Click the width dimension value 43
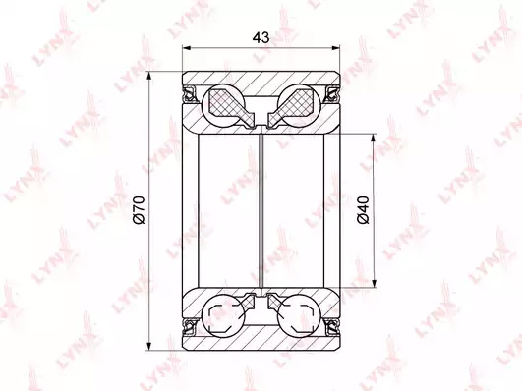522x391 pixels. coord(261,37)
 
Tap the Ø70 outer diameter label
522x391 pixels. coord(139,210)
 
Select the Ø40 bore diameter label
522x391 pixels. coord(364,210)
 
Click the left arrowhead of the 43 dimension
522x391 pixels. coord(188,48)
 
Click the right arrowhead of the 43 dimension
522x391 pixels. coord(335,48)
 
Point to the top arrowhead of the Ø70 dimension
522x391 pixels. coord(149,77)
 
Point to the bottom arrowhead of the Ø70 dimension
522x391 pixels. coord(149,345)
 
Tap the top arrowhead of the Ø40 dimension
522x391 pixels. coord(375,140)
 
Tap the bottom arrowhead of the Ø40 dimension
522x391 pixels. coord(375,282)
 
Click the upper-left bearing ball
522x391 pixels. coord(224,105)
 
